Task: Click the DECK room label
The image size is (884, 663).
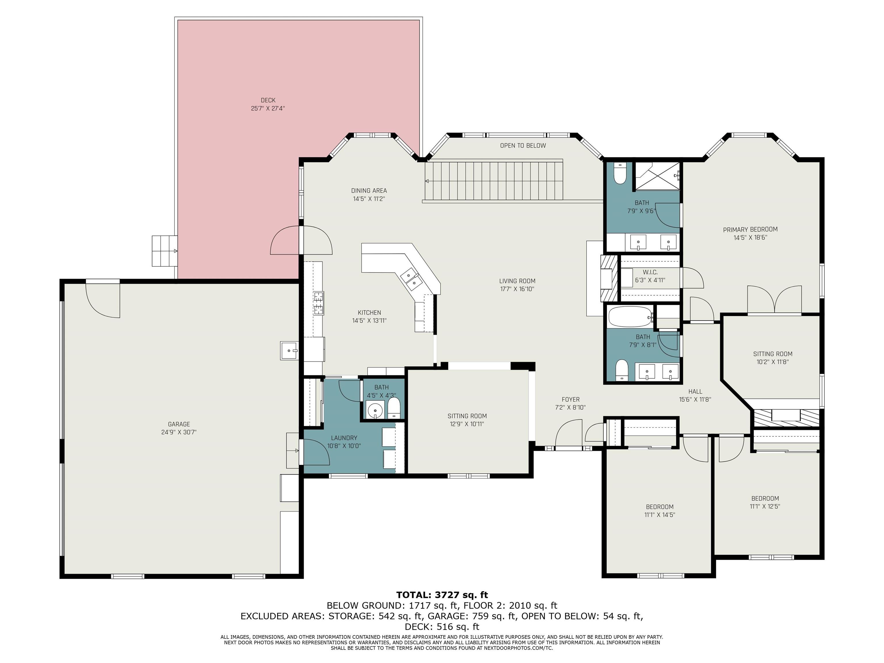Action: click(x=268, y=100)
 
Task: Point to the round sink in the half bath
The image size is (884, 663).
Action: click(x=375, y=410)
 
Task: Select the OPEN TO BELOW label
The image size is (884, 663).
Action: click(x=523, y=146)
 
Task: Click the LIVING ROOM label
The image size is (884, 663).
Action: click(x=517, y=281)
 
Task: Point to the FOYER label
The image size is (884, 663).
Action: click(x=570, y=399)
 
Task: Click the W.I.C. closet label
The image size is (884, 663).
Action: click(x=650, y=272)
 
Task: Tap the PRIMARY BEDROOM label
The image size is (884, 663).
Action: click(x=750, y=229)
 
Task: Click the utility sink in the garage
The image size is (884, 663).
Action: click(x=289, y=350)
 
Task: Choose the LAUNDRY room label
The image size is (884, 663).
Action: click(x=344, y=438)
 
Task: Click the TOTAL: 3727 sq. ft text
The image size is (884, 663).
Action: click(x=442, y=595)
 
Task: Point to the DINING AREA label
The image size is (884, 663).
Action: click(x=369, y=190)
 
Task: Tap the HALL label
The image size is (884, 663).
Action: click(x=695, y=392)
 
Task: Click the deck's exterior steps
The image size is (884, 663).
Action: click(x=165, y=251)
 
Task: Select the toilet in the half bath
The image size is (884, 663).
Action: click(x=394, y=408)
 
